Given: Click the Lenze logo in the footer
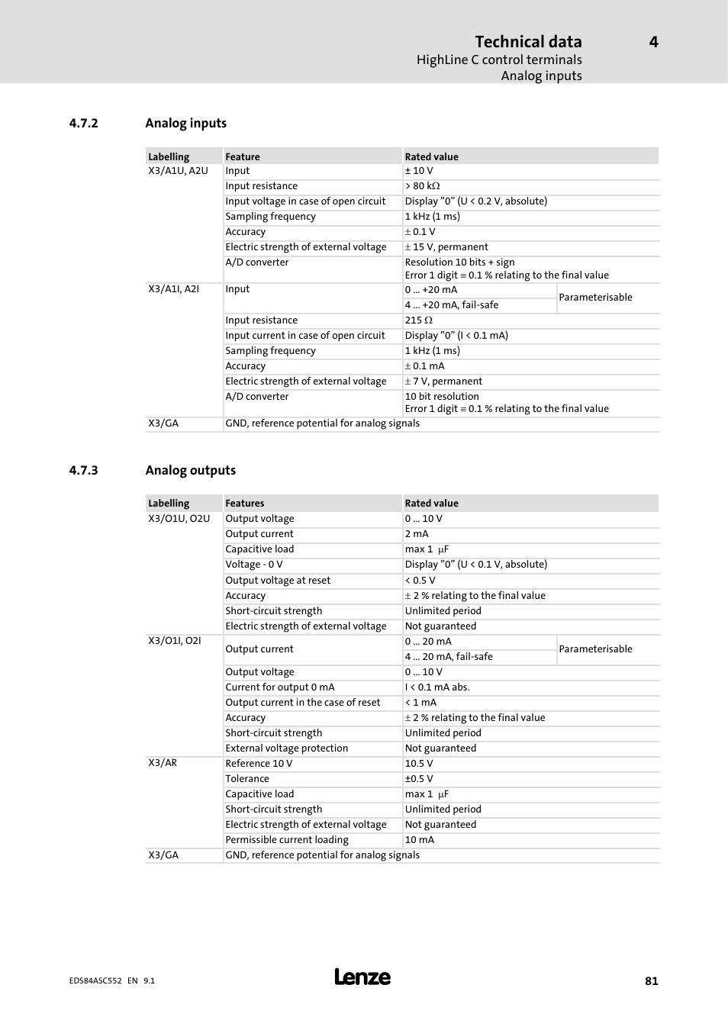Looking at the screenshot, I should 362,977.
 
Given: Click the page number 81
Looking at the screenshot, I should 651,981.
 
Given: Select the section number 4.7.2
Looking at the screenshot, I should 83,124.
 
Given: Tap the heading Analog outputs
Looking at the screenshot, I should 190,471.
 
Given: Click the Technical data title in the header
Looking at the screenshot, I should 528,42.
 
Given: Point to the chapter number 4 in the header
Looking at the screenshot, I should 653,42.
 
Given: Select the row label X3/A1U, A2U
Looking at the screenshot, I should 178,171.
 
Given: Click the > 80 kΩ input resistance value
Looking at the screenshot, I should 422,186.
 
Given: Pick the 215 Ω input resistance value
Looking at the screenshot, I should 418,320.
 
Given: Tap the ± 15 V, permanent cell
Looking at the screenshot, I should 446,247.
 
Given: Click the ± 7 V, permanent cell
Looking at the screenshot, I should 443,381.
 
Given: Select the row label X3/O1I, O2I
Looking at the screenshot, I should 175,641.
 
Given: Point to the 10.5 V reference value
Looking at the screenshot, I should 419,764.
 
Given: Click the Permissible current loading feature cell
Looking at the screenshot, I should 287,840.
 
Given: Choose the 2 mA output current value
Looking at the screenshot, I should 417,534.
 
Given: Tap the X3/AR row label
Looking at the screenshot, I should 163,763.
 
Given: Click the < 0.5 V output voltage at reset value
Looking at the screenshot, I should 420,581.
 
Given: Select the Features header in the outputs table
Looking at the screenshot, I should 245,504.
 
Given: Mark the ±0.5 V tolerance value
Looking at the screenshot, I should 419,779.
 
